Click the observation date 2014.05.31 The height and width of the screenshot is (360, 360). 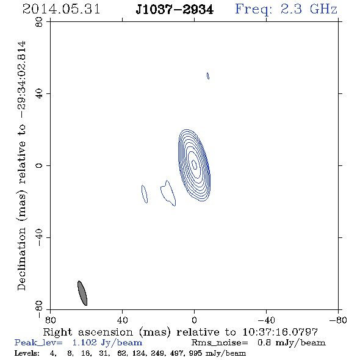click(x=61, y=9)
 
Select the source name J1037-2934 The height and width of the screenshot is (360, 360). click(x=175, y=9)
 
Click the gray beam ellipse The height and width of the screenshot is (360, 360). click(x=82, y=293)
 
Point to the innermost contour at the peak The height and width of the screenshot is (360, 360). click(x=194, y=165)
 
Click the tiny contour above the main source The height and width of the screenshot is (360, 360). click(x=208, y=76)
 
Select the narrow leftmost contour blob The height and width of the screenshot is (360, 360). click(x=145, y=194)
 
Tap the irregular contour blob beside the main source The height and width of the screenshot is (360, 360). click(x=168, y=193)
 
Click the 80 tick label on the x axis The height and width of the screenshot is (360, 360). click(x=50, y=320)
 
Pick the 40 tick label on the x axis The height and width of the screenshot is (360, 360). click(x=123, y=320)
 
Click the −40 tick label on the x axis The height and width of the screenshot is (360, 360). click(x=266, y=320)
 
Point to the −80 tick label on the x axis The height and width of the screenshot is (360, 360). click(x=338, y=320)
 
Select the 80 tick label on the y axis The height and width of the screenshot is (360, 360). click(x=39, y=22)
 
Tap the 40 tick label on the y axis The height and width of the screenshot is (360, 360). click(x=39, y=94)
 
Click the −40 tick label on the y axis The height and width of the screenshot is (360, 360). click(x=39, y=237)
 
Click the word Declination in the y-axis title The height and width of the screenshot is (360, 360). click(x=21, y=259)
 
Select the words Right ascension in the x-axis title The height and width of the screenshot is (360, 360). click(x=88, y=333)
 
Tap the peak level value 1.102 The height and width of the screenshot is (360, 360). click(x=84, y=342)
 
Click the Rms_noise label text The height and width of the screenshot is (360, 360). click(x=220, y=343)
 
